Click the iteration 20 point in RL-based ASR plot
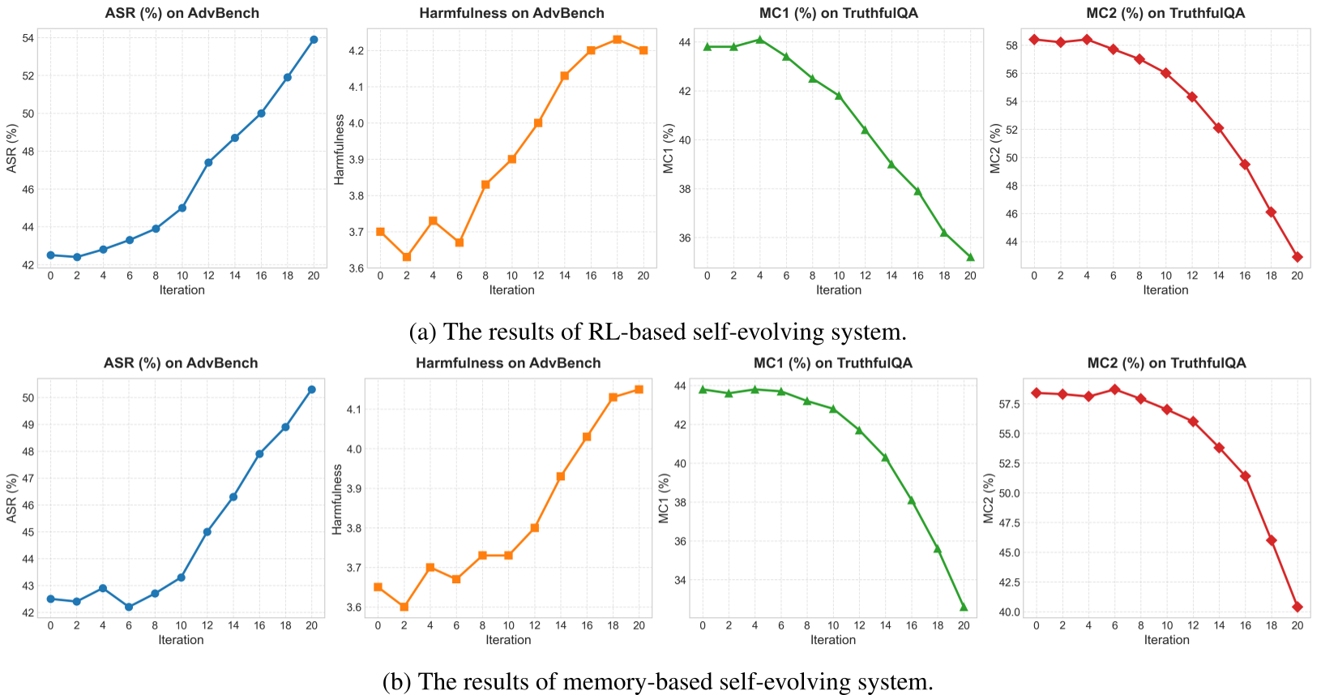[314, 39]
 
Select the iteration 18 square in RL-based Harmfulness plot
[617, 39]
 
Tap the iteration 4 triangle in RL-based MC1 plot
[759, 39]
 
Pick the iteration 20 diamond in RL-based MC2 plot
[1297, 257]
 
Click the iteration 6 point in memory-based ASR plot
[129, 607]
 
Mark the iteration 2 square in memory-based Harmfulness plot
[404, 607]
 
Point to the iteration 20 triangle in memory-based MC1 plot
[964, 607]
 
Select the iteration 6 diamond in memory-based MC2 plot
[1114, 389]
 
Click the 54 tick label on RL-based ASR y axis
[27, 38]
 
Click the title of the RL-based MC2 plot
[1165, 13]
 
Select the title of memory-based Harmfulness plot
[508, 363]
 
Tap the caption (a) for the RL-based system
[657, 332]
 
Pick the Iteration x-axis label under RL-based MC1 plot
[838, 290]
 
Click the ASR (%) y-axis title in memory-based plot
[11, 497]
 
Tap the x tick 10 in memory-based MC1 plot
[833, 625]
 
